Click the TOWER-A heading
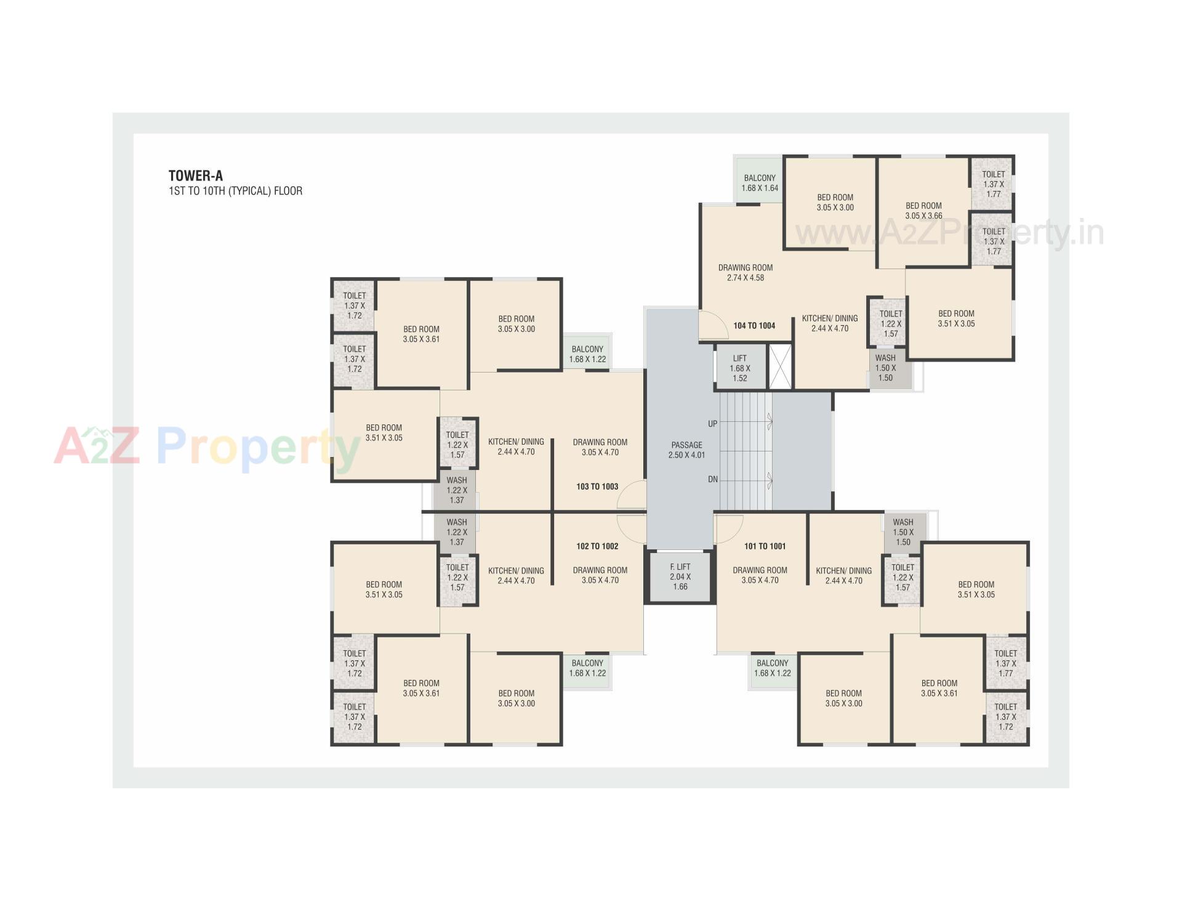tap(195, 176)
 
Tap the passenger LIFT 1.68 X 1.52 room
tap(740, 368)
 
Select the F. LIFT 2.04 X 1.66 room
tap(680, 576)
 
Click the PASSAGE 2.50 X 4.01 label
tap(686, 450)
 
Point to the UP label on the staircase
tap(712, 424)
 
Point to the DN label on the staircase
tap(712, 479)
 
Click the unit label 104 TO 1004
tap(754, 326)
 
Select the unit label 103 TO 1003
tap(597, 487)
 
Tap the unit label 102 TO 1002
tap(597, 546)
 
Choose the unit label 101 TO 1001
tap(765, 546)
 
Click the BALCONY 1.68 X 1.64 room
tap(759, 182)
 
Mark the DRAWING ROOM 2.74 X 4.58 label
tap(745, 272)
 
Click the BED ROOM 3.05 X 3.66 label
tap(923, 211)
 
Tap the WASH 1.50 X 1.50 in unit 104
tap(885, 368)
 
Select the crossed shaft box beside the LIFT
tap(780, 368)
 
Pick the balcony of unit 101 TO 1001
tap(772, 668)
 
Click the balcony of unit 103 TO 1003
tap(587, 354)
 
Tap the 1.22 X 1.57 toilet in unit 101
tap(903, 578)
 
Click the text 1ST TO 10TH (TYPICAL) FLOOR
tap(235, 191)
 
